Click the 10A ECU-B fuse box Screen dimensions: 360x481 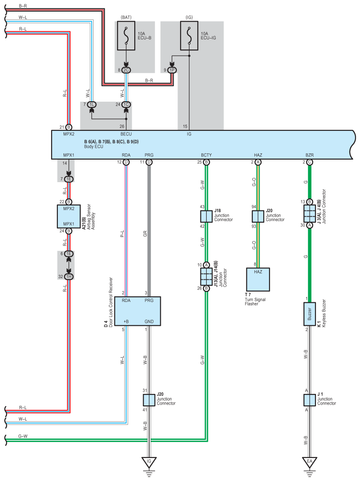click(126, 35)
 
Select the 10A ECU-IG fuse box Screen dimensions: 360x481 click(189, 35)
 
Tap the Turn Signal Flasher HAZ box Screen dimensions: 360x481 click(258, 279)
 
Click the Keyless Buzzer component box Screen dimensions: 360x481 click(310, 314)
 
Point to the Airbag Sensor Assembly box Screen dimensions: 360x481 click(68, 217)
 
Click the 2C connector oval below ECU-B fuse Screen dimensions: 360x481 click(126, 70)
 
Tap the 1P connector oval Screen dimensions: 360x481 click(172, 70)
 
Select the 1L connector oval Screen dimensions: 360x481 click(91, 105)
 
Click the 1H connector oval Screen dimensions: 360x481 click(68, 277)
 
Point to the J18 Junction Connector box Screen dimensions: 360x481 click(206, 217)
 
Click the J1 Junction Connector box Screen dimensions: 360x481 click(310, 400)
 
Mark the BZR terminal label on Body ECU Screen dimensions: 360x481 click(310, 155)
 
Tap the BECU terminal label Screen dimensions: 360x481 click(126, 134)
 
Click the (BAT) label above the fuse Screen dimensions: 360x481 click(126, 17)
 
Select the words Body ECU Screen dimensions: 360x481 click(94, 147)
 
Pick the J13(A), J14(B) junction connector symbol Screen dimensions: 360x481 click(206, 277)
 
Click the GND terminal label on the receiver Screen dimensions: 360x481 click(149, 321)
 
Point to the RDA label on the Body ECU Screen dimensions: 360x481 click(126, 155)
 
